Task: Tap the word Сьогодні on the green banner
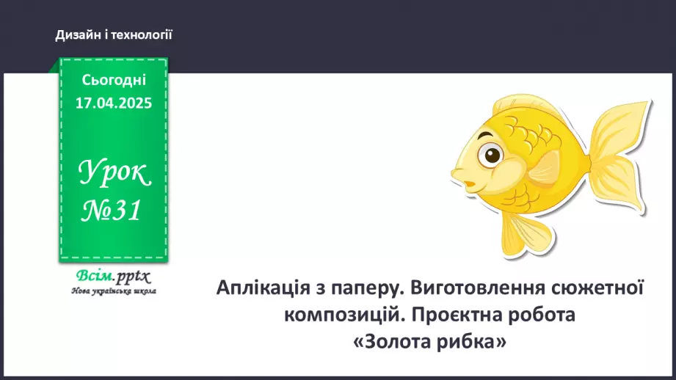tap(114, 80)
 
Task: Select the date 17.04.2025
tap(114, 103)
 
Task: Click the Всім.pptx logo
tap(112, 277)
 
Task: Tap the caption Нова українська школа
tap(114, 291)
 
